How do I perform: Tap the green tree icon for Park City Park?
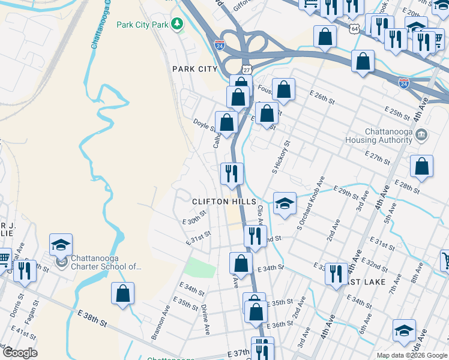[177, 24]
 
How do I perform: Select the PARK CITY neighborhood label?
[194, 69]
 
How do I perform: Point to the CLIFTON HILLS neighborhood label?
[224, 202]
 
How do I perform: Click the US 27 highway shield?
[246, 70]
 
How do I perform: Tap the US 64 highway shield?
[355, 28]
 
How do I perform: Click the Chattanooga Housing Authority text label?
[378, 136]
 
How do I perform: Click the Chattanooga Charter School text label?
[106, 262]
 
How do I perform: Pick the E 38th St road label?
[92, 318]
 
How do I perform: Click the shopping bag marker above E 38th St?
[122, 293]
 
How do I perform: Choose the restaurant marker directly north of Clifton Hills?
[232, 173]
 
